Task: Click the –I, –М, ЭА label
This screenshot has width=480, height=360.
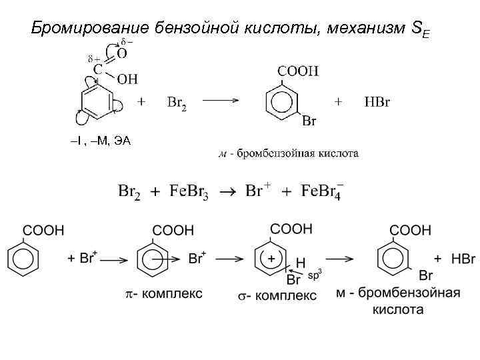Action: [x=100, y=141]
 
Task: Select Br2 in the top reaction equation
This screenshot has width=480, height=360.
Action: [x=177, y=103]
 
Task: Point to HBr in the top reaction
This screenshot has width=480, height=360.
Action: [x=377, y=103]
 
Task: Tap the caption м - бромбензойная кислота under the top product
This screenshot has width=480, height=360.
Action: [x=289, y=153]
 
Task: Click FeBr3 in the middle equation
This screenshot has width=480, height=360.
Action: [x=189, y=191]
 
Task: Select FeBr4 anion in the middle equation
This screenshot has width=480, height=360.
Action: [x=322, y=191]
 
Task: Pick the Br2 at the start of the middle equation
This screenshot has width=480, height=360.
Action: [x=129, y=191]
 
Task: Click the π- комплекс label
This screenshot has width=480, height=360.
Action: [x=163, y=293]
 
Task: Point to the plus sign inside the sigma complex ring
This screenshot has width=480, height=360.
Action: [x=272, y=257]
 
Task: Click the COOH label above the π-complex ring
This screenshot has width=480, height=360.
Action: [x=173, y=230]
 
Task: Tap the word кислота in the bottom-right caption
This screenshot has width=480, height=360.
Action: [x=398, y=309]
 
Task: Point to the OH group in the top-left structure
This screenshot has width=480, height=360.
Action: [x=127, y=79]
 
